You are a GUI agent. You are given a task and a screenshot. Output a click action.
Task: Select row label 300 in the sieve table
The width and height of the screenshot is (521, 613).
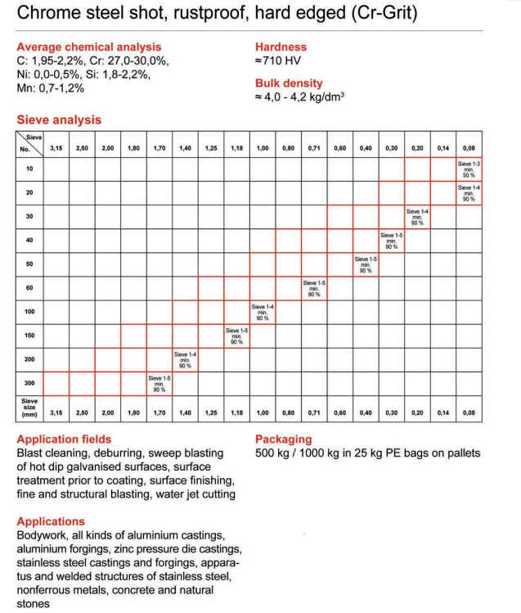pos(29,383)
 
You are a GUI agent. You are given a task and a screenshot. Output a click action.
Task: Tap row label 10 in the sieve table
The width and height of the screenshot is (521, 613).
pos(29,169)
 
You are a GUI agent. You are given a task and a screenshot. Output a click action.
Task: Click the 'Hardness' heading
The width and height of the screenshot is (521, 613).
pos(280,47)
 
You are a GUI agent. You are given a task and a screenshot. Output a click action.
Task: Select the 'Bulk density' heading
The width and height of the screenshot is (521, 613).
pos(289,83)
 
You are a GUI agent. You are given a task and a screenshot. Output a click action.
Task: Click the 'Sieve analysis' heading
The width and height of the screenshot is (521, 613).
pos(59,119)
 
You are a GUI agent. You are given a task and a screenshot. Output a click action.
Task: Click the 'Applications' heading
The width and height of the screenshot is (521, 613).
pos(51,521)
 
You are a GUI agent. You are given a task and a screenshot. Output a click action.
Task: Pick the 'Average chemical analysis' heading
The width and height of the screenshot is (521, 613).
pos(88,47)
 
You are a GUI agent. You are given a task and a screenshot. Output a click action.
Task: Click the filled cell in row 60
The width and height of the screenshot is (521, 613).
pos(314,288)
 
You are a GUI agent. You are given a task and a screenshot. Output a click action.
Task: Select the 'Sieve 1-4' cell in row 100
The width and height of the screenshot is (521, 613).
pos(263,312)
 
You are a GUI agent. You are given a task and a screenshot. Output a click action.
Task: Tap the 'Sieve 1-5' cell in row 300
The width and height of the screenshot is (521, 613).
pos(159,383)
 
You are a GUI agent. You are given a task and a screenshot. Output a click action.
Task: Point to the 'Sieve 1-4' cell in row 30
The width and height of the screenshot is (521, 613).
pos(417,217)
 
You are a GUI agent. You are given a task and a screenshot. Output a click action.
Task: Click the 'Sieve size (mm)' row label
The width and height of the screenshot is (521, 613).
pos(29,408)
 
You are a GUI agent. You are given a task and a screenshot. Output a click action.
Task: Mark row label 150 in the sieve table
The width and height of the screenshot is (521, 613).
pos(29,336)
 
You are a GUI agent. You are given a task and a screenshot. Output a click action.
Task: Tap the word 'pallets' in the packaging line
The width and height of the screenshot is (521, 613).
pos(461,453)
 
